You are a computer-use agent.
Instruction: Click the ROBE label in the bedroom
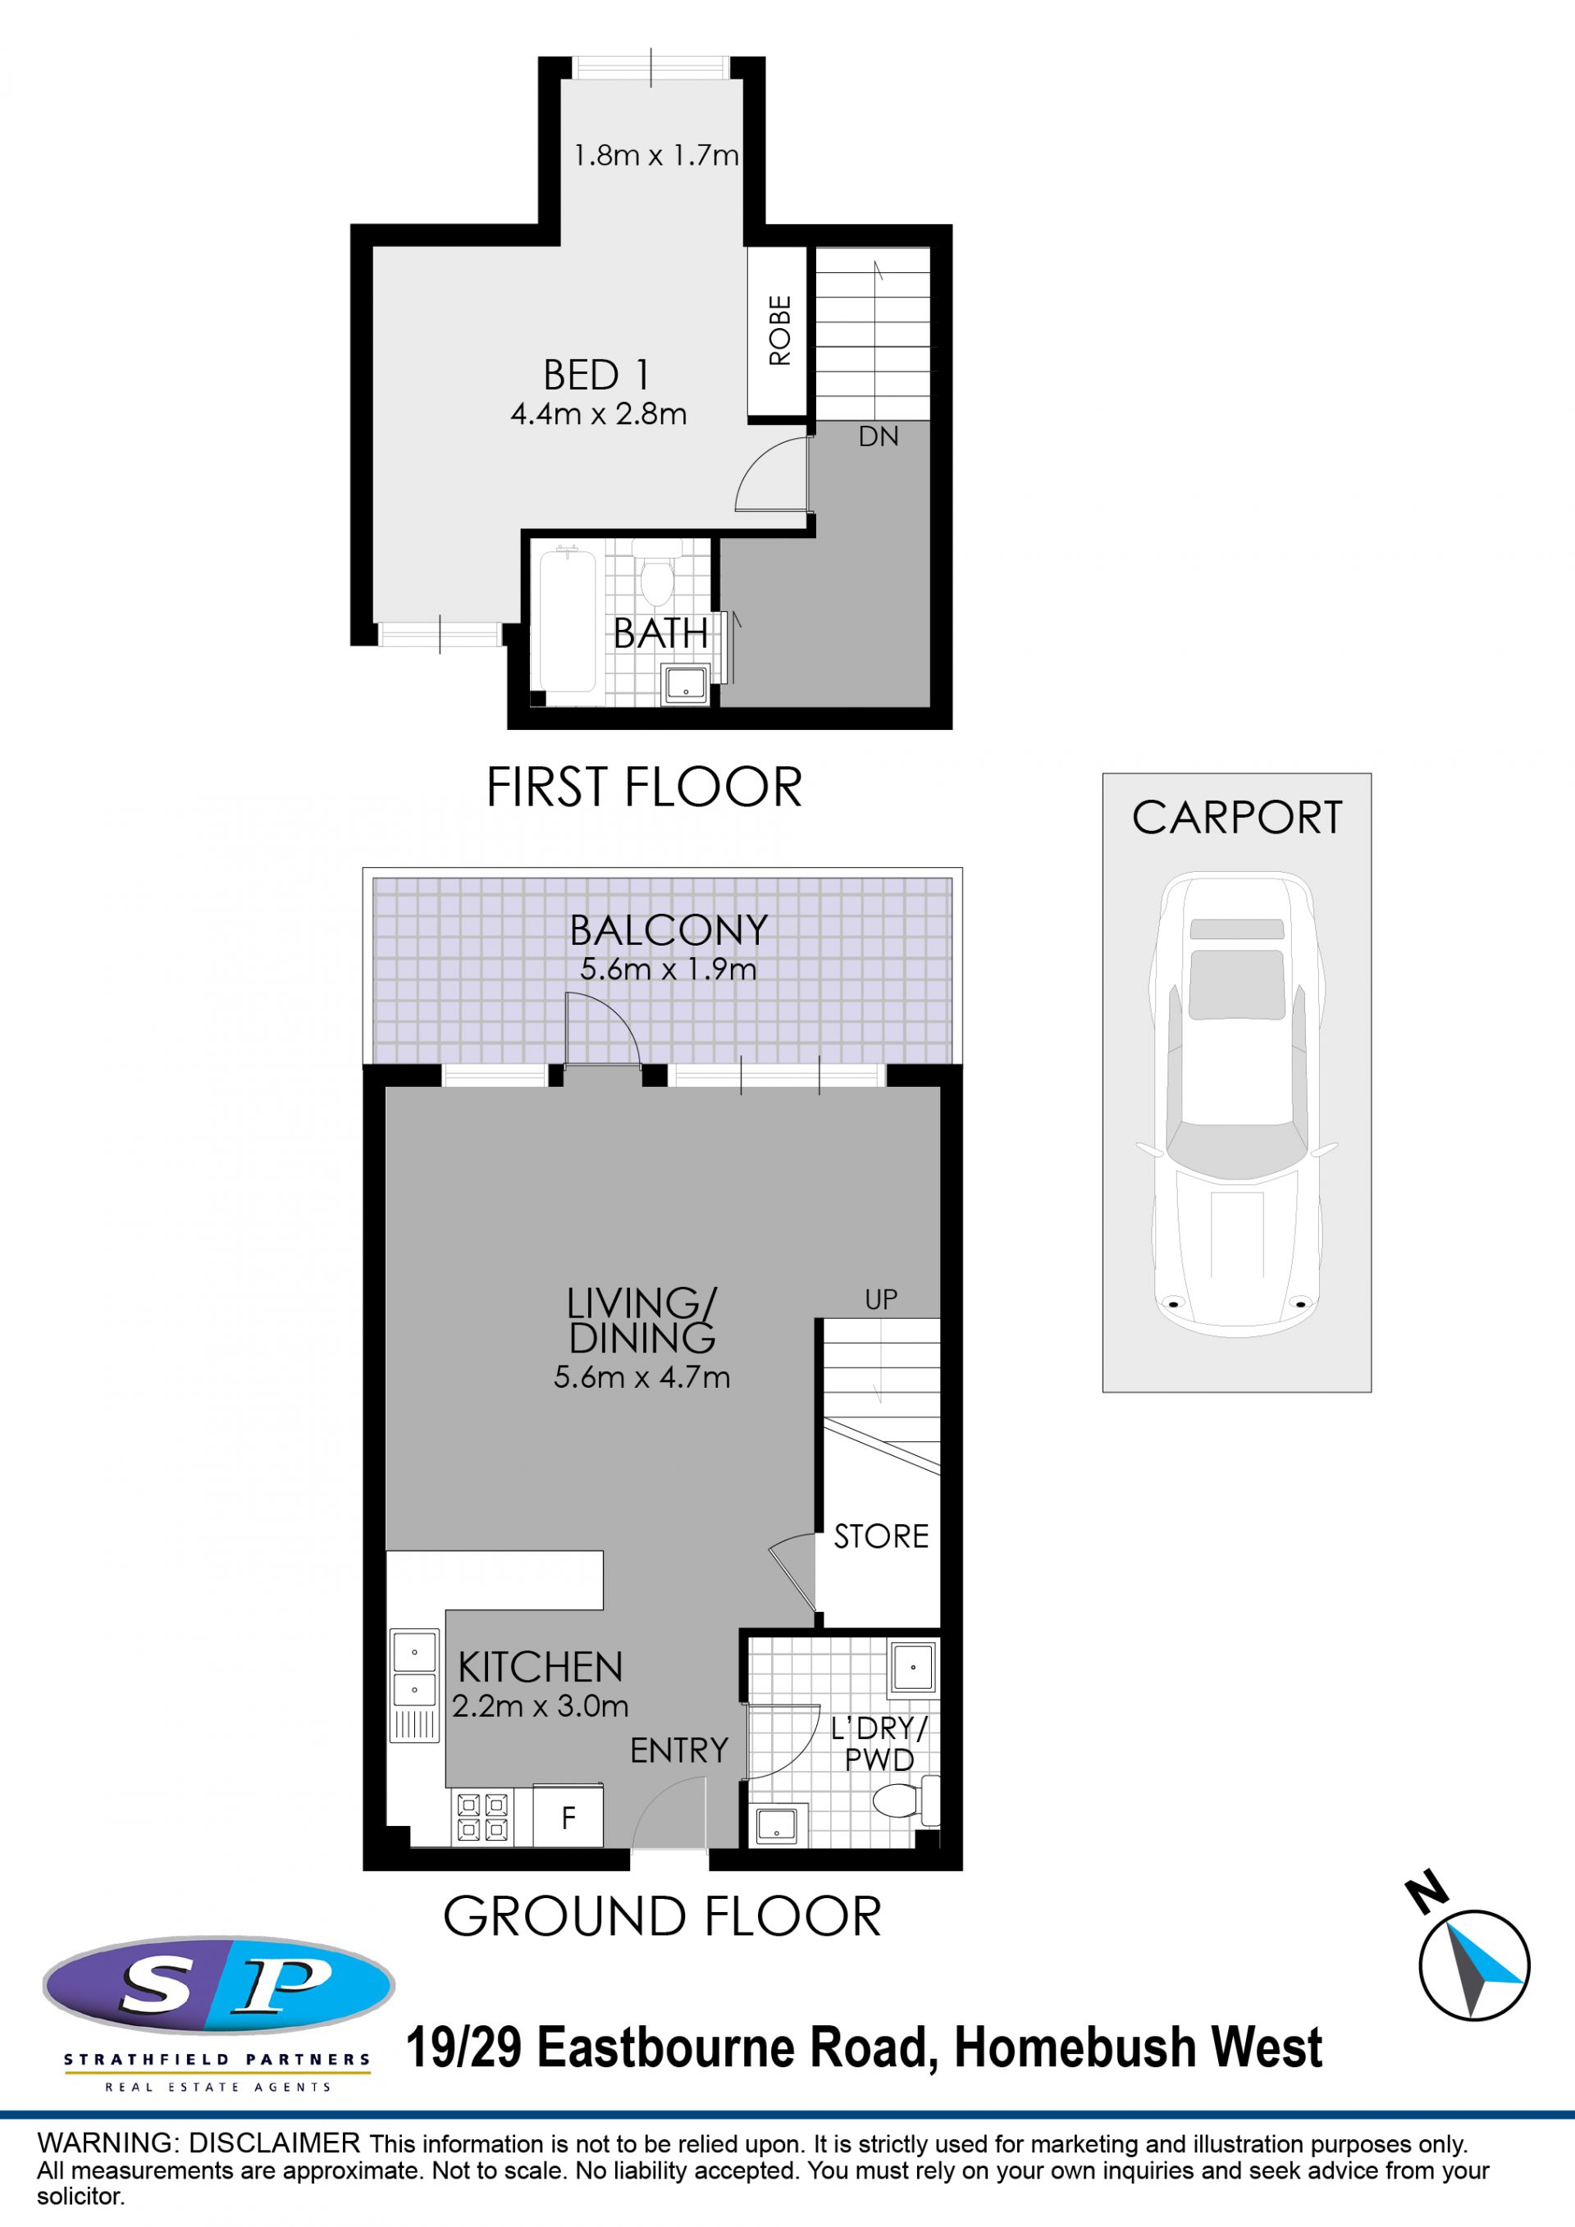pyautogui.click(x=780, y=331)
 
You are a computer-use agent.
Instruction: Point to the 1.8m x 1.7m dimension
pyautogui.click(x=655, y=155)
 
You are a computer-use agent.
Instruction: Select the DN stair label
pyautogui.click(x=878, y=436)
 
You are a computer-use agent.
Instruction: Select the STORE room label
pyautogui.click(x=880, y=1536)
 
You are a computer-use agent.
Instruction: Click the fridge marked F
pyautogui.click(x=568, y=1818)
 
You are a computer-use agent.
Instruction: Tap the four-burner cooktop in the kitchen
pyautogui.click(x=482, y=1818)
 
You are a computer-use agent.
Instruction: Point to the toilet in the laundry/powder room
pyautogui.click(x=906, y=1802)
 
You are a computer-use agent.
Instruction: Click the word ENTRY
pyautogui.click(x=679, y=1750)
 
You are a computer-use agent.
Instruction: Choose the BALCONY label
pyautogui.click(x=669, y=931)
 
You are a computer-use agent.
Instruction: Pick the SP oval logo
pyautogui.click(x=218, y=1986)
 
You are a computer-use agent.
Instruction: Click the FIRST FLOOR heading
pyautogui.click(x=644, y=787)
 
